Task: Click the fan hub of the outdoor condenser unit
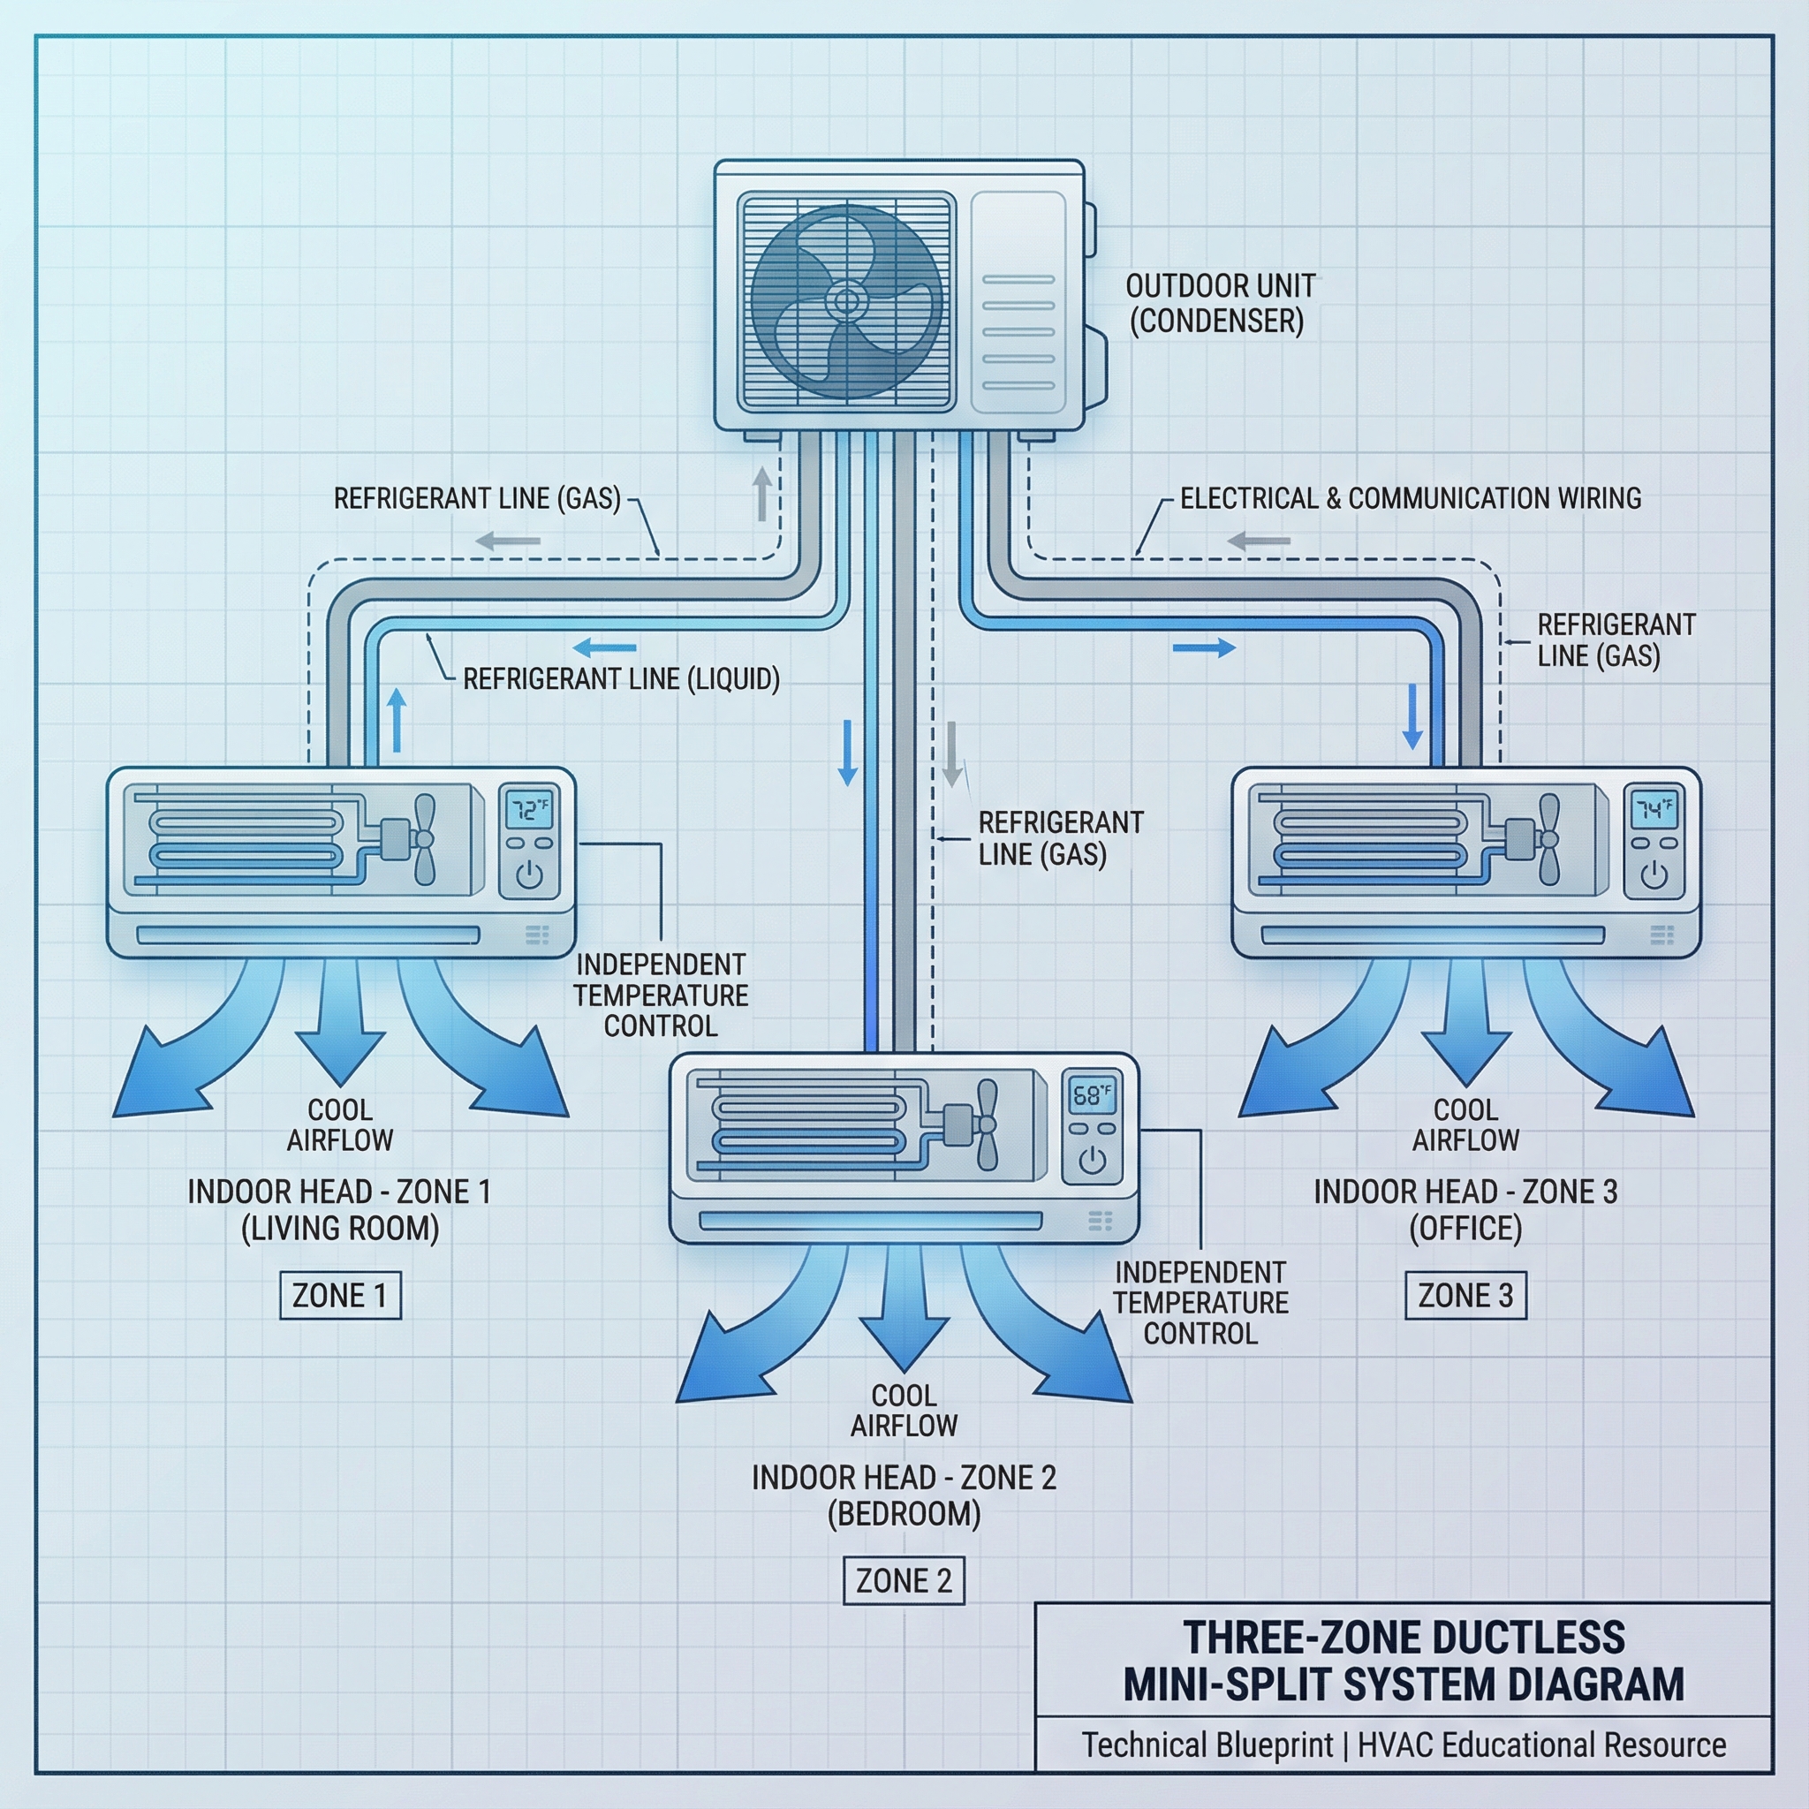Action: [845, 300]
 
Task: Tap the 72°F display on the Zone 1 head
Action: [529, 809]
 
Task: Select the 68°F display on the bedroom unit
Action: [1092, 1094]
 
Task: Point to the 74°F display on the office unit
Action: [1654, 809]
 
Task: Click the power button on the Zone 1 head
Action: [529, 875]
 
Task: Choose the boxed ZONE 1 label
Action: [340, 1295]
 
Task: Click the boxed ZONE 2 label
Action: [904, 1580]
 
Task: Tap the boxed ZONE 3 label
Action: [1465, 1295]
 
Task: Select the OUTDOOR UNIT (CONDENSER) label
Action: [1219, 303]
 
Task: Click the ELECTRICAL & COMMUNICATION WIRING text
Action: [1410, 498]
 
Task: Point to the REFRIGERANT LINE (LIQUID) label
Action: [621, 679]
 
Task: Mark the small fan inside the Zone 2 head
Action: [985, 1124]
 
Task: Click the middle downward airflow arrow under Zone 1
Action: [340, 1026]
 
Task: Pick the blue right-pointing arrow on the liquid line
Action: [1204, 647]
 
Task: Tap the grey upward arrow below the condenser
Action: [762, 494]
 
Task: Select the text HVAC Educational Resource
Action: [1541, 1745]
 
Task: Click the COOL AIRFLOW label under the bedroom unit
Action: [904, 1410]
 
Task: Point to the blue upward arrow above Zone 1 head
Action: [397, 719]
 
